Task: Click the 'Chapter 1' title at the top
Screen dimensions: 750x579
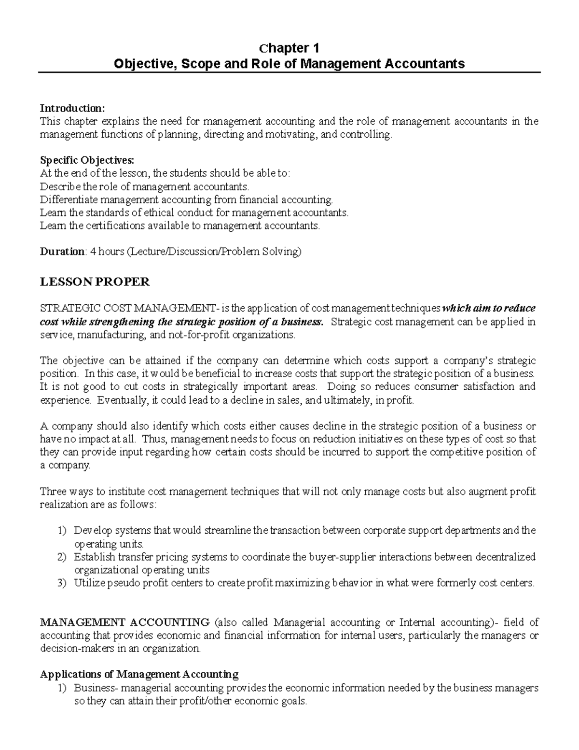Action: [x=289, y=48]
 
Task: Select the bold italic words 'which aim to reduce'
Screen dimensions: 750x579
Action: [x=489, y=309]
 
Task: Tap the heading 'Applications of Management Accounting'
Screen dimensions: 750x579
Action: [x=139, y=674]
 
